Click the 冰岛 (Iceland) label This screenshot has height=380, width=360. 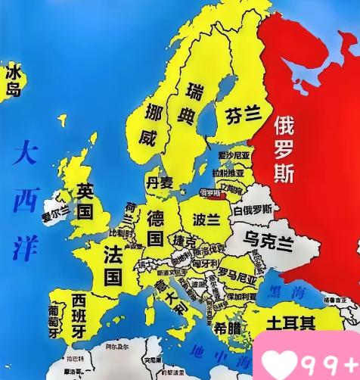tap(14, 81)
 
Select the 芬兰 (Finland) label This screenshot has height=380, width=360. tap(243, 114)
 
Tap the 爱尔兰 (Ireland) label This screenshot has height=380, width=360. tap(55, 213)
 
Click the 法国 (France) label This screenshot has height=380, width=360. tap(113, 261)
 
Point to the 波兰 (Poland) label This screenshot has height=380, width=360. tap(205, 220)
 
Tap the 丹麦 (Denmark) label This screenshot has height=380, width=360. tap(160, 182)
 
